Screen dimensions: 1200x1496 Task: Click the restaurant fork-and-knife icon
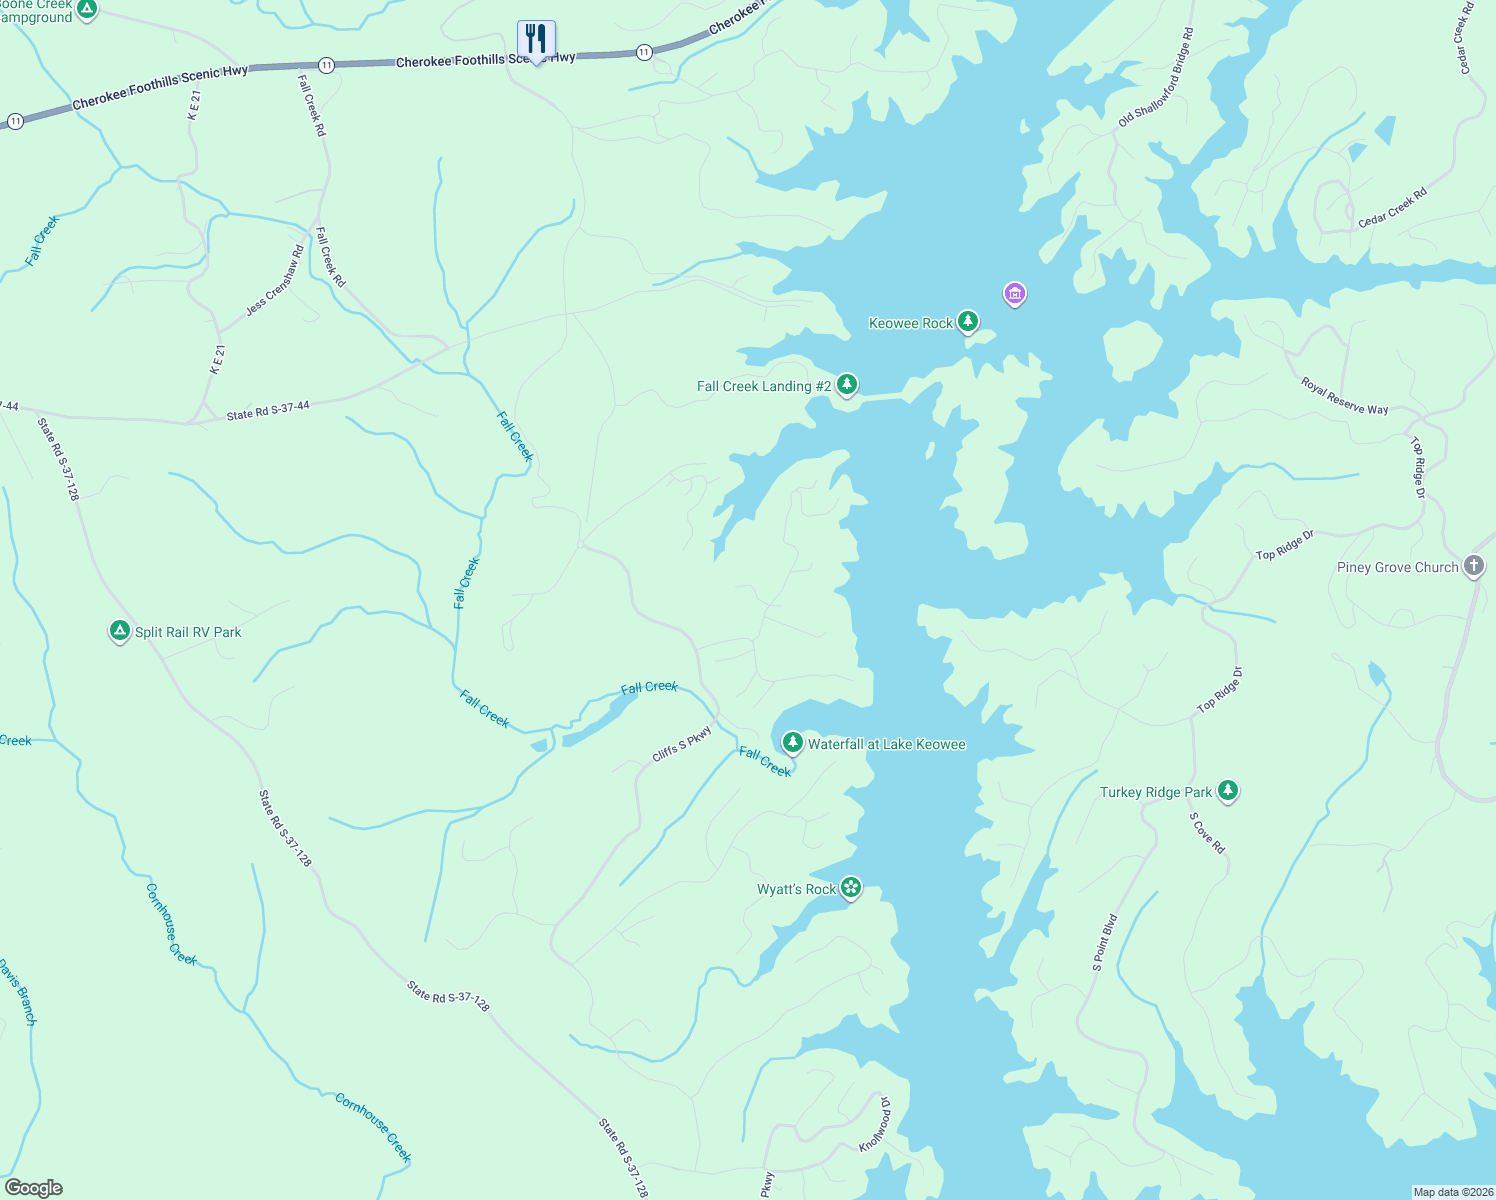point(536,40)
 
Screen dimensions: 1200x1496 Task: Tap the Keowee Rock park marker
point(967,321)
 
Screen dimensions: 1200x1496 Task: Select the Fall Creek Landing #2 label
point(764,386)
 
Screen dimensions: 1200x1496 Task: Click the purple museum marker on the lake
point(1015,294)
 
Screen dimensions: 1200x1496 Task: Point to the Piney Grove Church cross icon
point(1474,566)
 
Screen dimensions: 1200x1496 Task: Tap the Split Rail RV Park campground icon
point(120,631)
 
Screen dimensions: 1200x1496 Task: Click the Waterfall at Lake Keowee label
point(886,744)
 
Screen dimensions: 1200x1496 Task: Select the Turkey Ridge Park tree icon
point(1228,791)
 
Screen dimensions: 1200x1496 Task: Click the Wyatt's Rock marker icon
point(851,887)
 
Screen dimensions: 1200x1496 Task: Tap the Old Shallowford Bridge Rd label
point(1156,78)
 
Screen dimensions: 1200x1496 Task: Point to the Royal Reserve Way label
point(1344,396)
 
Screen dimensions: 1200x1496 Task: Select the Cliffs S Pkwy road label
point(682,744)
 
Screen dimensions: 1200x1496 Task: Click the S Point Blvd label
point(1104,942)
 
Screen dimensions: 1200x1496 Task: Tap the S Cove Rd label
point(1207,833)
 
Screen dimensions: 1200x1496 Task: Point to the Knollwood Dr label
point(874,1123)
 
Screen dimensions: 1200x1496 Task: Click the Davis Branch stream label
point(18,992)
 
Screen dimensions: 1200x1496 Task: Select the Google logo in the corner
point(34,1188)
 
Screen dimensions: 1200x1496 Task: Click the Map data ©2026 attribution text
point(1452,1192)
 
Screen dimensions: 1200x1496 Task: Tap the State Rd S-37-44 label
point(268,411)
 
